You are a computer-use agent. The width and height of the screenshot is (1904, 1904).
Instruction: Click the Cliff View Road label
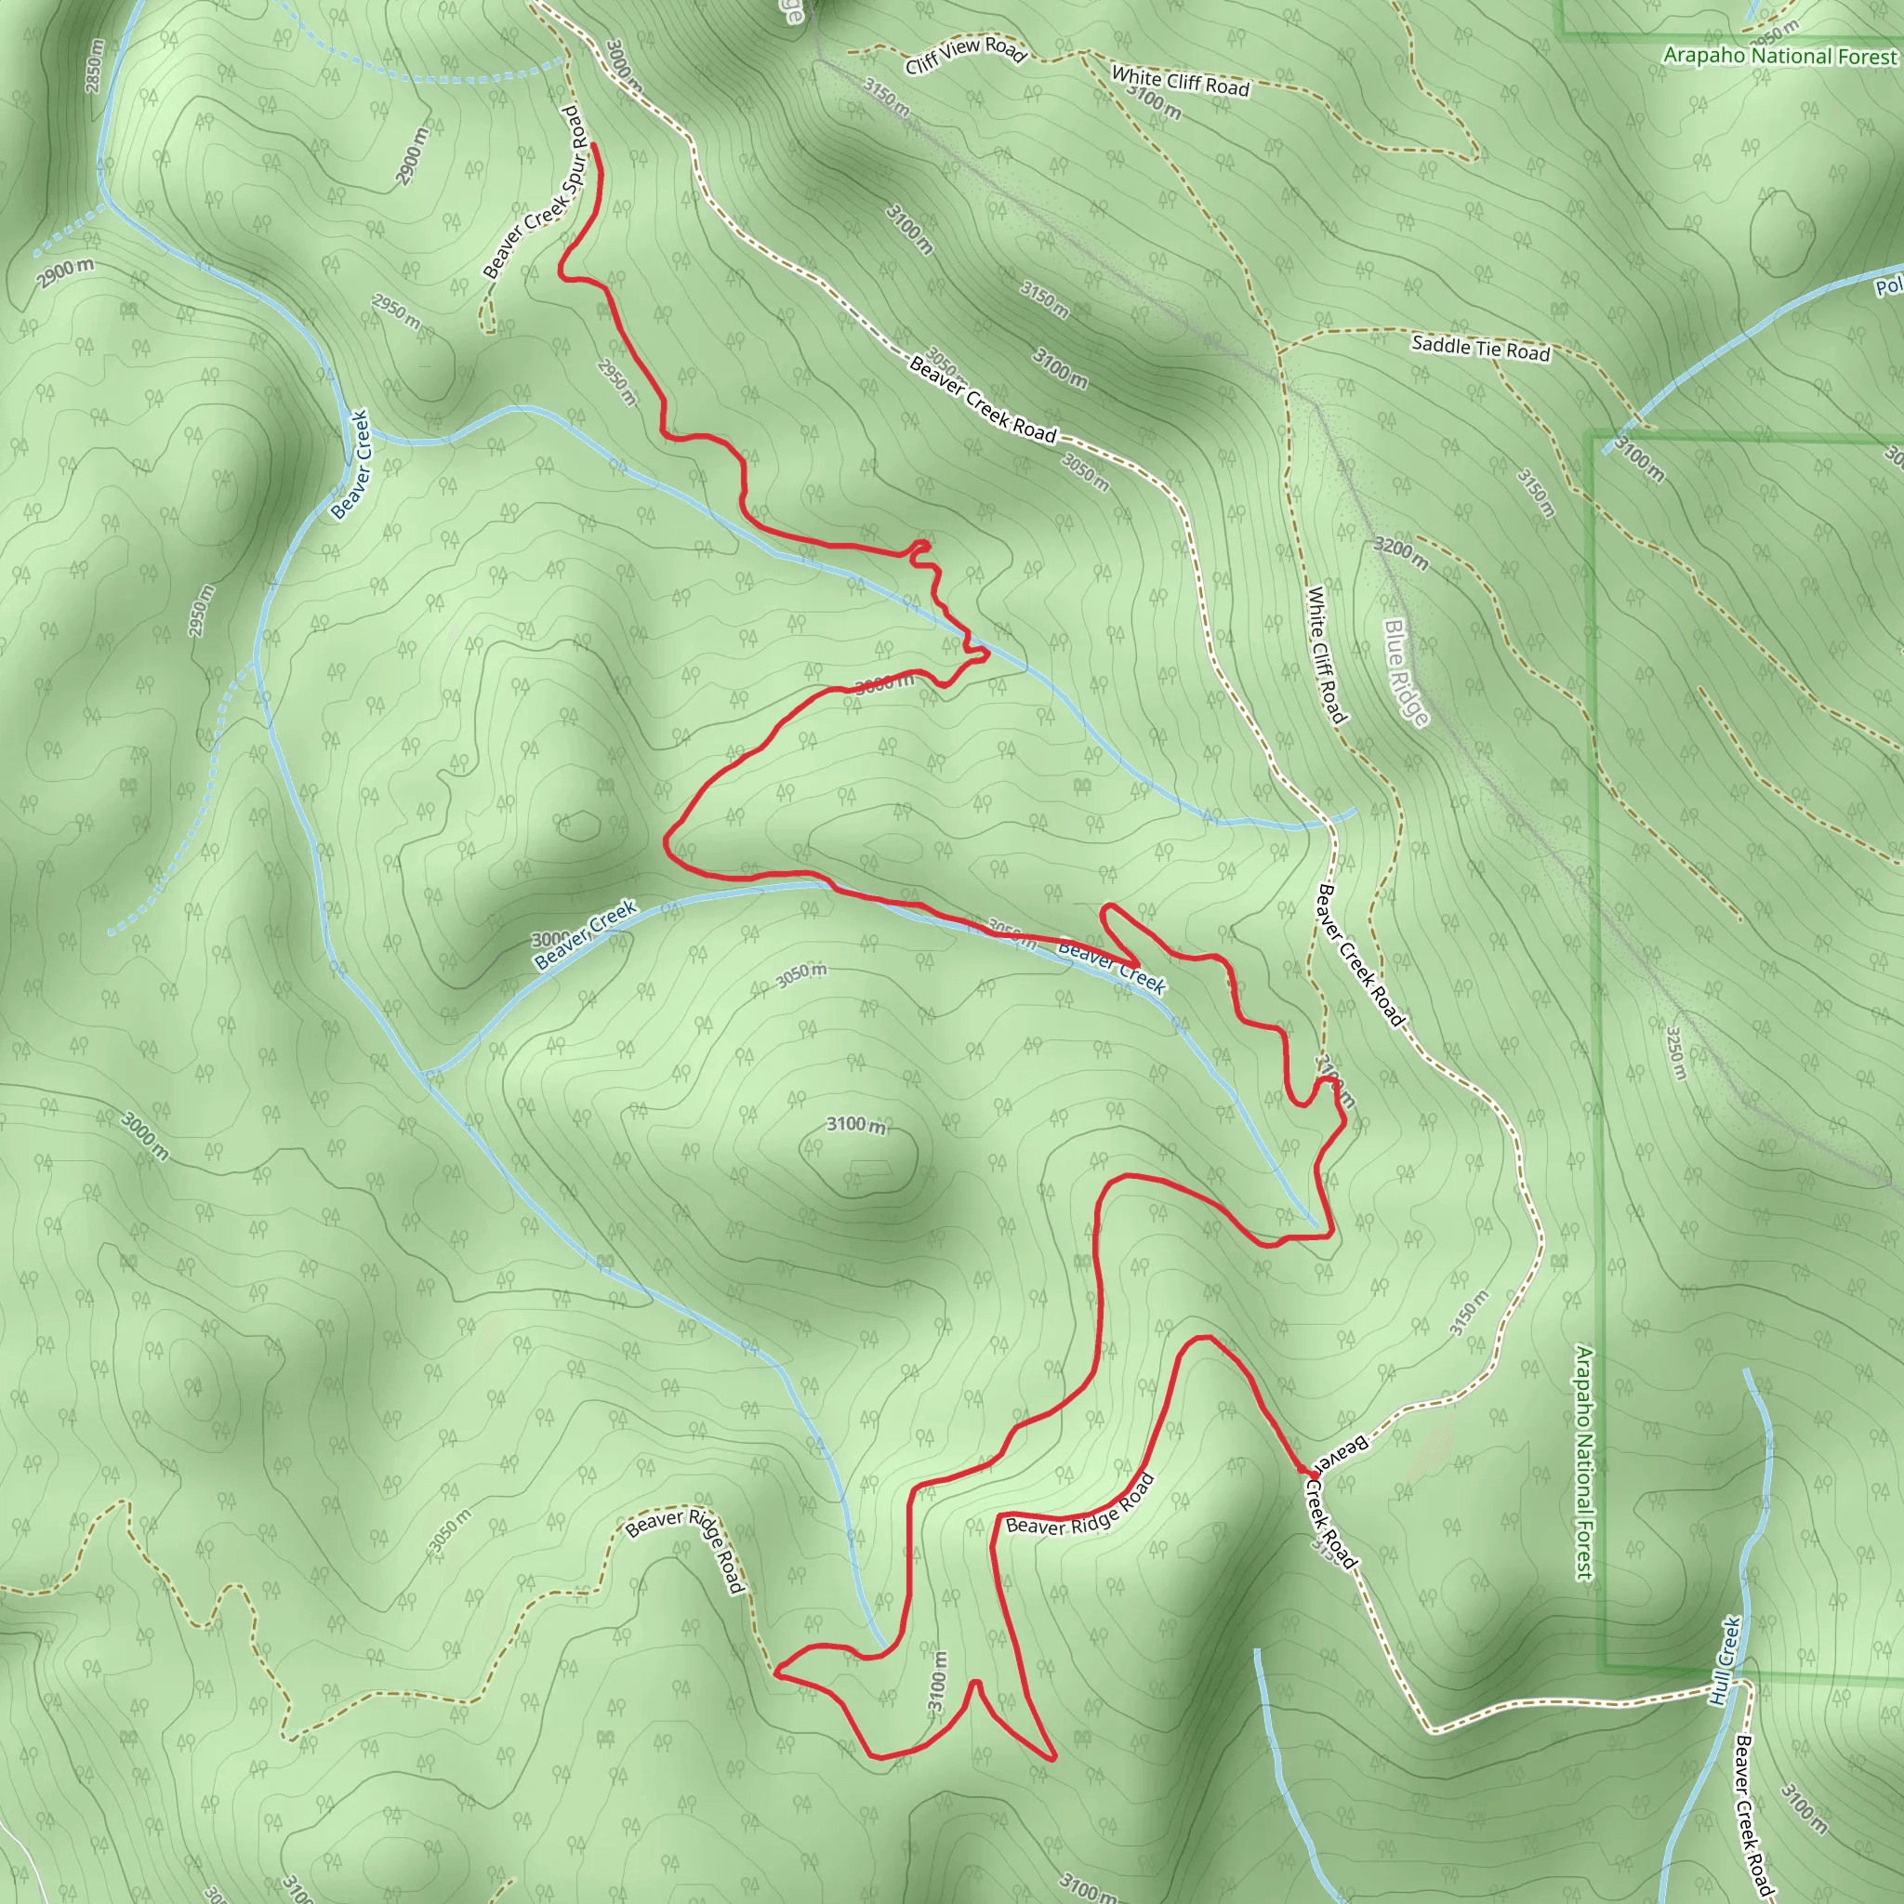[x=966, y=55]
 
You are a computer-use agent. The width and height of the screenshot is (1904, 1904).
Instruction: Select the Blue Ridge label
[x=1407, y=672]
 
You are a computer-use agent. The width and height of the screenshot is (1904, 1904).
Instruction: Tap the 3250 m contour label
[x=1674, y=1053]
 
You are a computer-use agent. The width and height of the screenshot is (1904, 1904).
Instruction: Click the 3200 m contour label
[x=1400, y=554]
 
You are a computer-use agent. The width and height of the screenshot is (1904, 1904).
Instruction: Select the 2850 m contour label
[x=94, y=66]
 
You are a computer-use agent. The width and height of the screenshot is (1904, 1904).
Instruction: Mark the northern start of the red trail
[x=594, y=146]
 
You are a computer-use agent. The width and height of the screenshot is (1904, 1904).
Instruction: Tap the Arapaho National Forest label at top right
[x=1778, y=56]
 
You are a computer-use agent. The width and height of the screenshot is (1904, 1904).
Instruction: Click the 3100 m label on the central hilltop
[x=855, y=1125]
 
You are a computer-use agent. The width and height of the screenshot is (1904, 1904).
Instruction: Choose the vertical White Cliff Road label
[x=1327, y=654]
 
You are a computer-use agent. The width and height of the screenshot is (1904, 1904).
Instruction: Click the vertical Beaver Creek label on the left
[x=350, y=464]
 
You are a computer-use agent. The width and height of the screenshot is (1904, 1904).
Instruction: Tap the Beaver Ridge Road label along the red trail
[x=1079, y=1507]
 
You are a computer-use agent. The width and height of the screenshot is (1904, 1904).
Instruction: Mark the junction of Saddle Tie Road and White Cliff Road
[x=1278, y=350]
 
